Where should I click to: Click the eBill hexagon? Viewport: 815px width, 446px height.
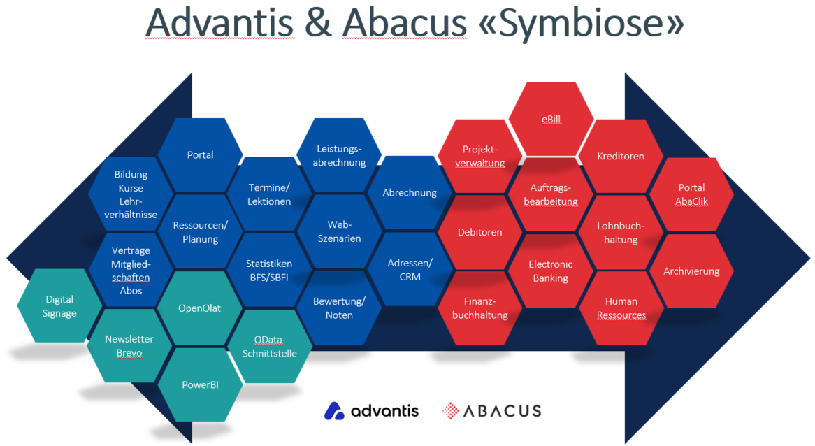(x=551, y=119)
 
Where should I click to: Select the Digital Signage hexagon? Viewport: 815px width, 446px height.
(x=59, y=306)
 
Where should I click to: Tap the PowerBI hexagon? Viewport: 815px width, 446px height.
(x=201, y=384)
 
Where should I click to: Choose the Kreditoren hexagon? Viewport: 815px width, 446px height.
(x=621, y=156)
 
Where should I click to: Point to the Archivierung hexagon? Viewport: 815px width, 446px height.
(x=691, y=271)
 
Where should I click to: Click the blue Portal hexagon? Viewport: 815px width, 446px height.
(x=201, y=154)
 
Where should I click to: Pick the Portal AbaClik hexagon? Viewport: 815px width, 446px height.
(x=691, y=194)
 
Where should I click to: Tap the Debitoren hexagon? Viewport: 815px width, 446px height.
(x=479, y=231)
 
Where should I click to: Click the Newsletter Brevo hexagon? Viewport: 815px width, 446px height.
(x=129, y=346)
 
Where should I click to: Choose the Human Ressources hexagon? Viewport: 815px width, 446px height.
(x=621, y=308)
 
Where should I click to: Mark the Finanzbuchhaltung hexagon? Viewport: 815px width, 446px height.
(x=479, y=308)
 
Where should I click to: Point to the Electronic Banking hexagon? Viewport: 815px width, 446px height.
(x=550, y=271)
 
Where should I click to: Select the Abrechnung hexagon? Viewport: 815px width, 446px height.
(x=410, y=192)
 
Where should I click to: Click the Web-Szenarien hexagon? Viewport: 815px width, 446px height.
(x=339, y=231)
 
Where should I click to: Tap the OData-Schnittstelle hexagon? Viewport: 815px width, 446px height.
(x=270, y=346)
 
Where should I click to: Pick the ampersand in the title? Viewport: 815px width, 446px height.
(x=318, y=24)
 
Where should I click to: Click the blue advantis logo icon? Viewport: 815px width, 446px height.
(x=334, y=410)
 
